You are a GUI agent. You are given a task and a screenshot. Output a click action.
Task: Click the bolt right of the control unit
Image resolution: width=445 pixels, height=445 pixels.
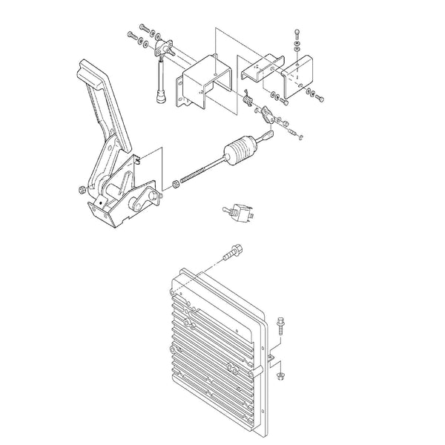click(x=281, y=323)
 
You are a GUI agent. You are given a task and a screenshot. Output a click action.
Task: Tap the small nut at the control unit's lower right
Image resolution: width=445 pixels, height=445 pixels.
click(x=281, y=377)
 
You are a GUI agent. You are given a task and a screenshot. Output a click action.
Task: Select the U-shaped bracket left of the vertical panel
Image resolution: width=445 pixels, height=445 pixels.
click(x=197, y=85)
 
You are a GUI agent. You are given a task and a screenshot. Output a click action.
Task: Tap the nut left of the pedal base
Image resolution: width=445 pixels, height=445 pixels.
click(x=80, y=192)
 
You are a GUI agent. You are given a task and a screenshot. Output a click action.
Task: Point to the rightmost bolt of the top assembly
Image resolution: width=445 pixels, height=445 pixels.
click(x=320, y=96)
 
